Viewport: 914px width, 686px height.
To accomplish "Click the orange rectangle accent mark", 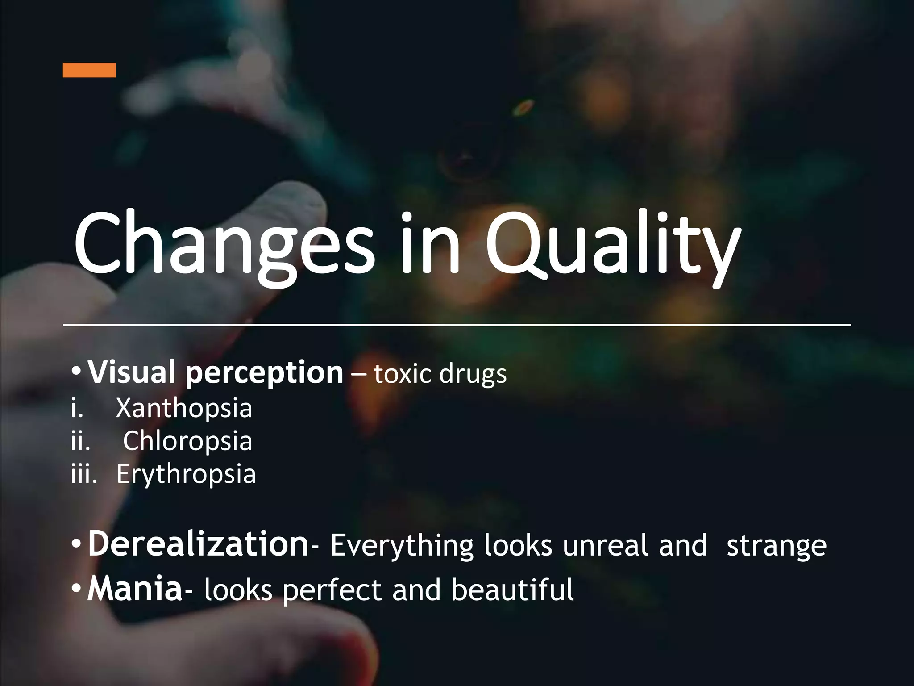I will click(89, 70).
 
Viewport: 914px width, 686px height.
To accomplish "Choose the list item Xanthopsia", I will click(184, 408).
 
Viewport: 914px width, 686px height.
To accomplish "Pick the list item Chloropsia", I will click(187, 441).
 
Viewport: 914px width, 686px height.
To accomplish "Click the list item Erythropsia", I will click(186, 474).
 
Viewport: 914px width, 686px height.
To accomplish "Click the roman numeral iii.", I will click(84, 474).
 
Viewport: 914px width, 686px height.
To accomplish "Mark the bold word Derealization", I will click(198, 544).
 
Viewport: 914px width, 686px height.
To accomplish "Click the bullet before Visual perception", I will click(76, 372).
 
